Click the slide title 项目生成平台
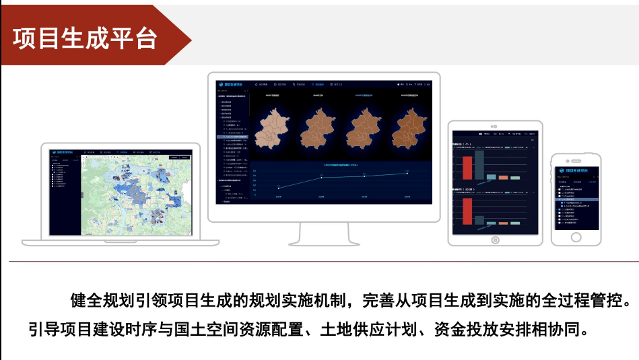[85, 38]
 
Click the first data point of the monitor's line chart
[279, 187]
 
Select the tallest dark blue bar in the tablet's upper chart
[479, 164]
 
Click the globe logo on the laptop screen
[55, 153]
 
